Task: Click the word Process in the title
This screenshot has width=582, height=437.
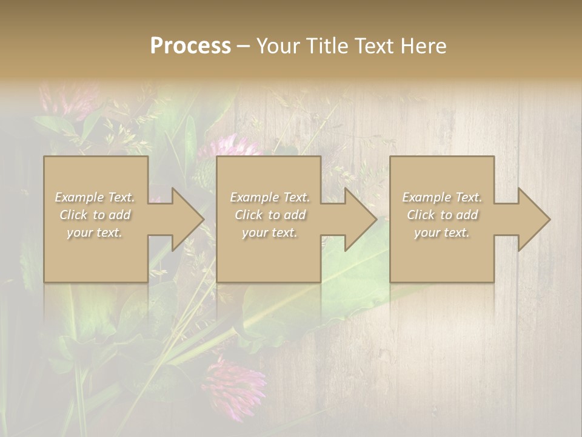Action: (190, 46)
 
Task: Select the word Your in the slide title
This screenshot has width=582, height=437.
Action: (278, 46)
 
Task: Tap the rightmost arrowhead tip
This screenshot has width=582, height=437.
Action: (548, 219)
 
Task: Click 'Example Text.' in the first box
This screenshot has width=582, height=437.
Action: (95, 197)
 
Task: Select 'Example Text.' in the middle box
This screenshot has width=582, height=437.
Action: (269, 197)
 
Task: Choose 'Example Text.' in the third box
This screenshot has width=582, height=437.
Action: (442, 197)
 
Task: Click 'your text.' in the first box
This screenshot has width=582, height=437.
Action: (95, 232)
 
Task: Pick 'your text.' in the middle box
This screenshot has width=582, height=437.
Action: (269, 232)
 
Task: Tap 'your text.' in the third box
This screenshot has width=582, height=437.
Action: (442, 232)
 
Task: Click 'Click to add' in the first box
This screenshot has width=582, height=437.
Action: (95, 215)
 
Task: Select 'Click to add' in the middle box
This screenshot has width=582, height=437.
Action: (270, 215)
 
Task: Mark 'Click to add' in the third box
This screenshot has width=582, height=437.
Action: (442, 215)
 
